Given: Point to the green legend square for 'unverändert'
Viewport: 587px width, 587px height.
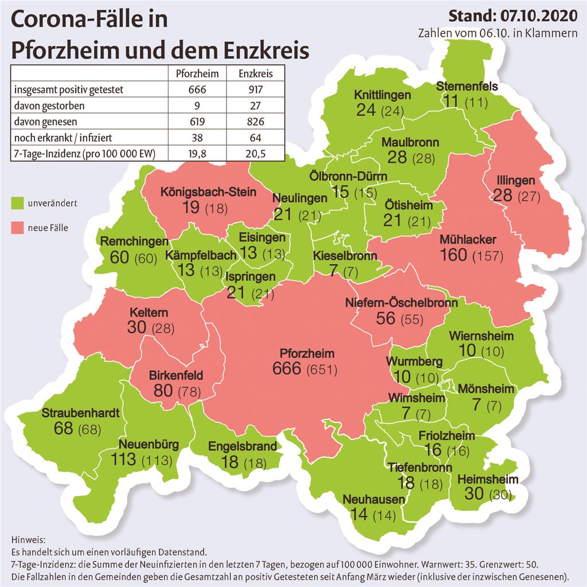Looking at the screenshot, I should (17, 202).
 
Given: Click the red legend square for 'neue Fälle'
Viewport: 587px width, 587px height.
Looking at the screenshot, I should (17, 228).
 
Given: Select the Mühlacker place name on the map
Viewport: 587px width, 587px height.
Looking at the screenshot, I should (468, 239).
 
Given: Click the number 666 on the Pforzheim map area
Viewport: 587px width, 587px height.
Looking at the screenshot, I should (287, 368).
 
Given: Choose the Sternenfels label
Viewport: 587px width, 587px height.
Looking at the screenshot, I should (467, 87).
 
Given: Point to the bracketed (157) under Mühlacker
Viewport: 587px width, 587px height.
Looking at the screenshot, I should (487, 256).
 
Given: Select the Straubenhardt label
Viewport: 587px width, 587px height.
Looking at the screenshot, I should (80, 413).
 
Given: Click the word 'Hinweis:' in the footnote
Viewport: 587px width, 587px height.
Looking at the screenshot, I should (27, 540).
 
